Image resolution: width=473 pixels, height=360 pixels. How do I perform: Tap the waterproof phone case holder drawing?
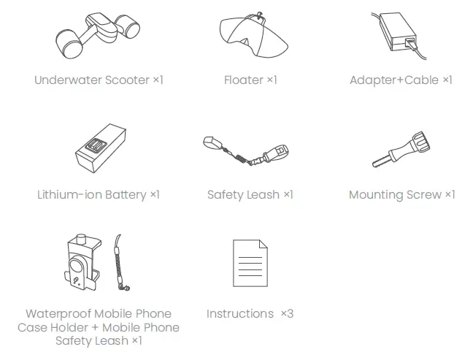click(79, 262)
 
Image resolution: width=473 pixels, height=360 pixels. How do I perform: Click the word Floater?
click(243, 80)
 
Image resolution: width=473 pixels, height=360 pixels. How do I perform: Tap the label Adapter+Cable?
click(394, 80)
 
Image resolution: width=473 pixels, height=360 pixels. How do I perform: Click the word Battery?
click(126, 195)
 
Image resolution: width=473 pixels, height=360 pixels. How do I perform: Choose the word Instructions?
click(240, 314)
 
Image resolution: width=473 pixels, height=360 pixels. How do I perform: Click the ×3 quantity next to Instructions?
click(287, 314)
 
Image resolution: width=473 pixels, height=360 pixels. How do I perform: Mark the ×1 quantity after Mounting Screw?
click(450, 195)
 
